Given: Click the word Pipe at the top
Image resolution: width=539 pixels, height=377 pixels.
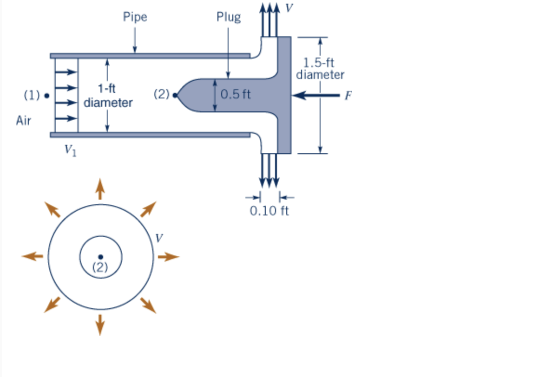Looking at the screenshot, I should coord(135,17).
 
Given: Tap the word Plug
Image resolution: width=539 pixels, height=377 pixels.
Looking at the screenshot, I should coord(229,17).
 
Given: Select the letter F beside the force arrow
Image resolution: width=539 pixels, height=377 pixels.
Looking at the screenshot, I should coord(348,96).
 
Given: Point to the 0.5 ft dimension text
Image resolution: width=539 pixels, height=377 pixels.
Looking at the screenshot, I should coord(236,95).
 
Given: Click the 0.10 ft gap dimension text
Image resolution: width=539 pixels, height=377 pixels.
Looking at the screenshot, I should coord(269,211).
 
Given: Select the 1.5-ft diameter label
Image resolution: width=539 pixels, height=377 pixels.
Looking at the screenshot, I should coord(320,69).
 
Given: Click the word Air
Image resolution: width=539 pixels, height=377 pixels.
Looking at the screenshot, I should coord(23,121).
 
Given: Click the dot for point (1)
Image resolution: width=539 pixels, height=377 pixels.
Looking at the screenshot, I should coord(46,96).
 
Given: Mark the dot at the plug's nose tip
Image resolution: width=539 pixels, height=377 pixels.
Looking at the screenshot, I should coord(175,96).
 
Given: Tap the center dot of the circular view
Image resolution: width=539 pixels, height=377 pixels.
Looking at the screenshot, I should coord(100,256).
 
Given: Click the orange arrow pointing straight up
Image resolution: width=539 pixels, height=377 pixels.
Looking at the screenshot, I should coord(100,189).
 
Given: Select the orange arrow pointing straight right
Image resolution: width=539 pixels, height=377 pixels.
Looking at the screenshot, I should coord(168,256).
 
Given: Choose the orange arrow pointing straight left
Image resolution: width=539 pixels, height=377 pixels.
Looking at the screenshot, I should coord(33,256).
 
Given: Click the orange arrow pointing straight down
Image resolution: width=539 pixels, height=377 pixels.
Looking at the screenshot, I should coord(100,324).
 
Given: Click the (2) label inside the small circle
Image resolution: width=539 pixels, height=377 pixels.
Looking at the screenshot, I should coord(100,267).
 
